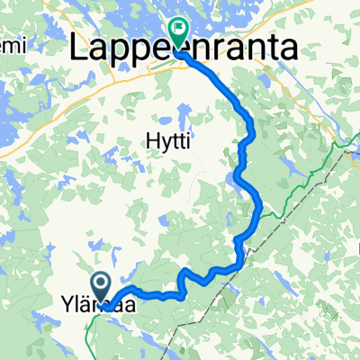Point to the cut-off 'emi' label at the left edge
point(12,44)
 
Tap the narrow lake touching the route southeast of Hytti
point(237,183)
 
